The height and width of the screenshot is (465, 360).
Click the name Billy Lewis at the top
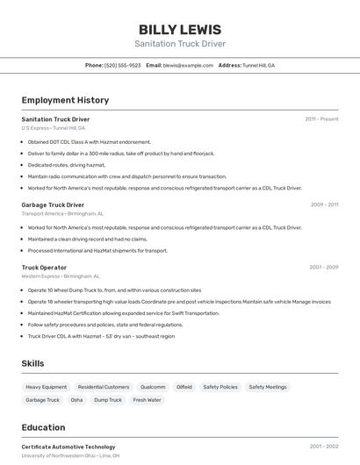click(180, 30)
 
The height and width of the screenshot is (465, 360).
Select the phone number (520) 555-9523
click(123, 65)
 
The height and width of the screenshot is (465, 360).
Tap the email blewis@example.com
click(188, 65)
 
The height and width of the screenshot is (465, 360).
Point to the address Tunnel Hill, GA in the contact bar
click(258, 65)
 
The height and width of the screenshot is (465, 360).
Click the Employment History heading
click(65, 100)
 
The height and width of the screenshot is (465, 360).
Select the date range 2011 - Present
click(321, 119)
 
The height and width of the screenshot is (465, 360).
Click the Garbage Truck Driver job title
click(53, 204)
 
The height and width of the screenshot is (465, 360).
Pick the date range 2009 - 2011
click(324, 204)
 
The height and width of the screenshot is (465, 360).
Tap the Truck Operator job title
click(44, 267)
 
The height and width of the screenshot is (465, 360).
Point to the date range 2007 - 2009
click(323, 267)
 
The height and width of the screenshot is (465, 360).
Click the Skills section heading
click(33, 363)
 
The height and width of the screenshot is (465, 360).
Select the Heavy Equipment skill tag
click(46, 387)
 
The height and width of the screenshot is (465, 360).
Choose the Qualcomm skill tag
click(153, 387)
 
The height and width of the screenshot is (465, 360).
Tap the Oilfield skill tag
click(184, 387)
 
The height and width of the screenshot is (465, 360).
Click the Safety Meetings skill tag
click(267, 387)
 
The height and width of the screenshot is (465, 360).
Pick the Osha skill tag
click(77, 400)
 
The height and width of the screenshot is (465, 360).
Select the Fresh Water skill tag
click(147, 400)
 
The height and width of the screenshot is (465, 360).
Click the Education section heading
click(44, 427)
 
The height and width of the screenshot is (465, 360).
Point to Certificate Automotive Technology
click(68, 447)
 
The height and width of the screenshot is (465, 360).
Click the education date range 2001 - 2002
click(323, 447)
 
